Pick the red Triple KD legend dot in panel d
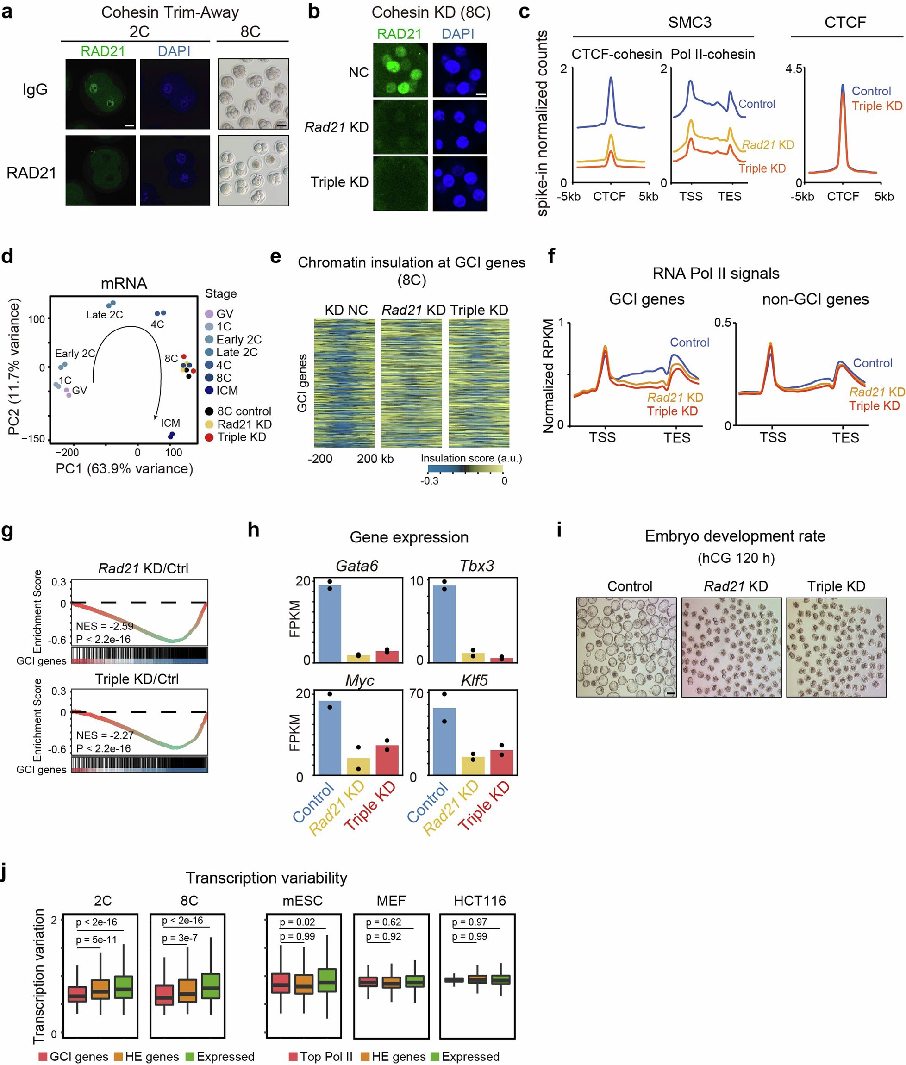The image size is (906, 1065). (209, 437)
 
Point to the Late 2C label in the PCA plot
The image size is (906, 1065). (104, 314)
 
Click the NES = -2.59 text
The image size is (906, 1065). (104, 626)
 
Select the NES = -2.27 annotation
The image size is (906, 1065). (105, 735)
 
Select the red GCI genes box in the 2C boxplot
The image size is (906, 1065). (77, 994)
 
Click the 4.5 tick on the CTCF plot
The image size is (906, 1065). (794, 69)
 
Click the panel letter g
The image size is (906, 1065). (7, 529)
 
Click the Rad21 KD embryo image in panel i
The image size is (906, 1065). (731, 647)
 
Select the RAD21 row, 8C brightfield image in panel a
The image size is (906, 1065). (253, 170)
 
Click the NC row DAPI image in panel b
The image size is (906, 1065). (460, 70)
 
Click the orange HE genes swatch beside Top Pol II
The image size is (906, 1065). (365, 1056)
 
